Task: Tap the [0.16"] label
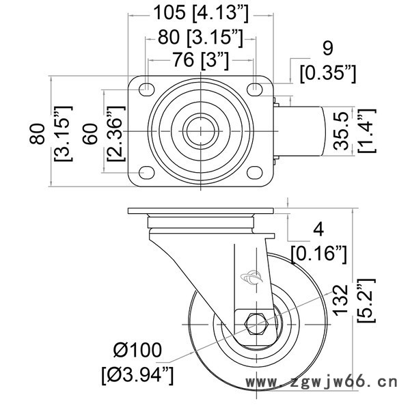click(x=319, y=255)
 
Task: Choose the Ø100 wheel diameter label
click(x=136, y=352)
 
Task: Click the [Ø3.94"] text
click(x=136, y=374)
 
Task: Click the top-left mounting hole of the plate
click(x=146, y=88)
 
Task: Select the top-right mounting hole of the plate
click(x=255, y=88)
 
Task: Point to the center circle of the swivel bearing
click(x=200, y=131)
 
